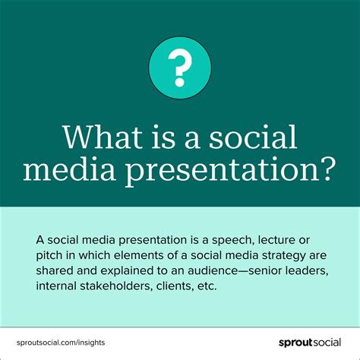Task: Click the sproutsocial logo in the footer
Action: pyautogui.click(x=307, y=343)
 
